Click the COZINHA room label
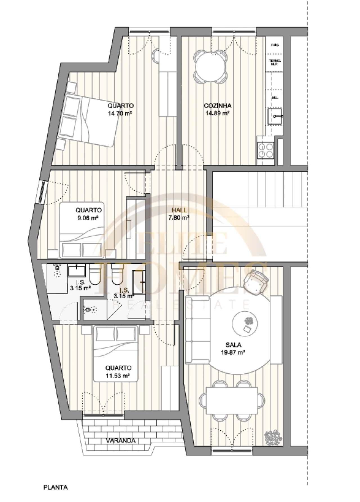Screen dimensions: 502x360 pos(217,106)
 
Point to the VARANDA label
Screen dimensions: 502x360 pos(121,441)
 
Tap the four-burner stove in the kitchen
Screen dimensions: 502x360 pos(265,150)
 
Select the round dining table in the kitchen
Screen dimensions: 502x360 pos(210,66)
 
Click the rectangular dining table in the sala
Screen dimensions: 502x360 pos(232,400)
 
